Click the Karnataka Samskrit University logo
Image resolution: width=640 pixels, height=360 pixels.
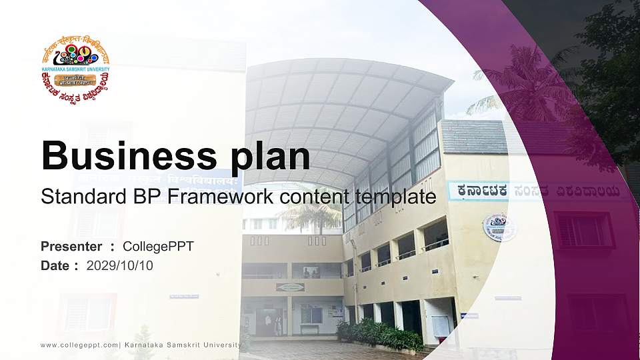pyautogui.click(x=75, y=69)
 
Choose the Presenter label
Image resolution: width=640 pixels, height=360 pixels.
pyautogui.click(x=71, y=247)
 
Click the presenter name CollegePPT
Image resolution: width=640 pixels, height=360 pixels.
pyautogui.click(x=158, y=247)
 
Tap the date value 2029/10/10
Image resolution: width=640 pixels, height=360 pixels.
pyautogui.click(x=120, y=265)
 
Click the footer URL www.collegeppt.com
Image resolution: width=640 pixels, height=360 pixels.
pyautogui.click(x=79, y=345)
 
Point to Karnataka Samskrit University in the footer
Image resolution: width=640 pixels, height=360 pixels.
pyautogui.click(x=183, y=345)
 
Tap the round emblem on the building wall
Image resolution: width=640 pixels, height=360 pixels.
pyautogui.click(x=499, y=227)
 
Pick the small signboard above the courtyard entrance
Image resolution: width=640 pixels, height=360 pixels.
pyautogui.click(x=290, y=287)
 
